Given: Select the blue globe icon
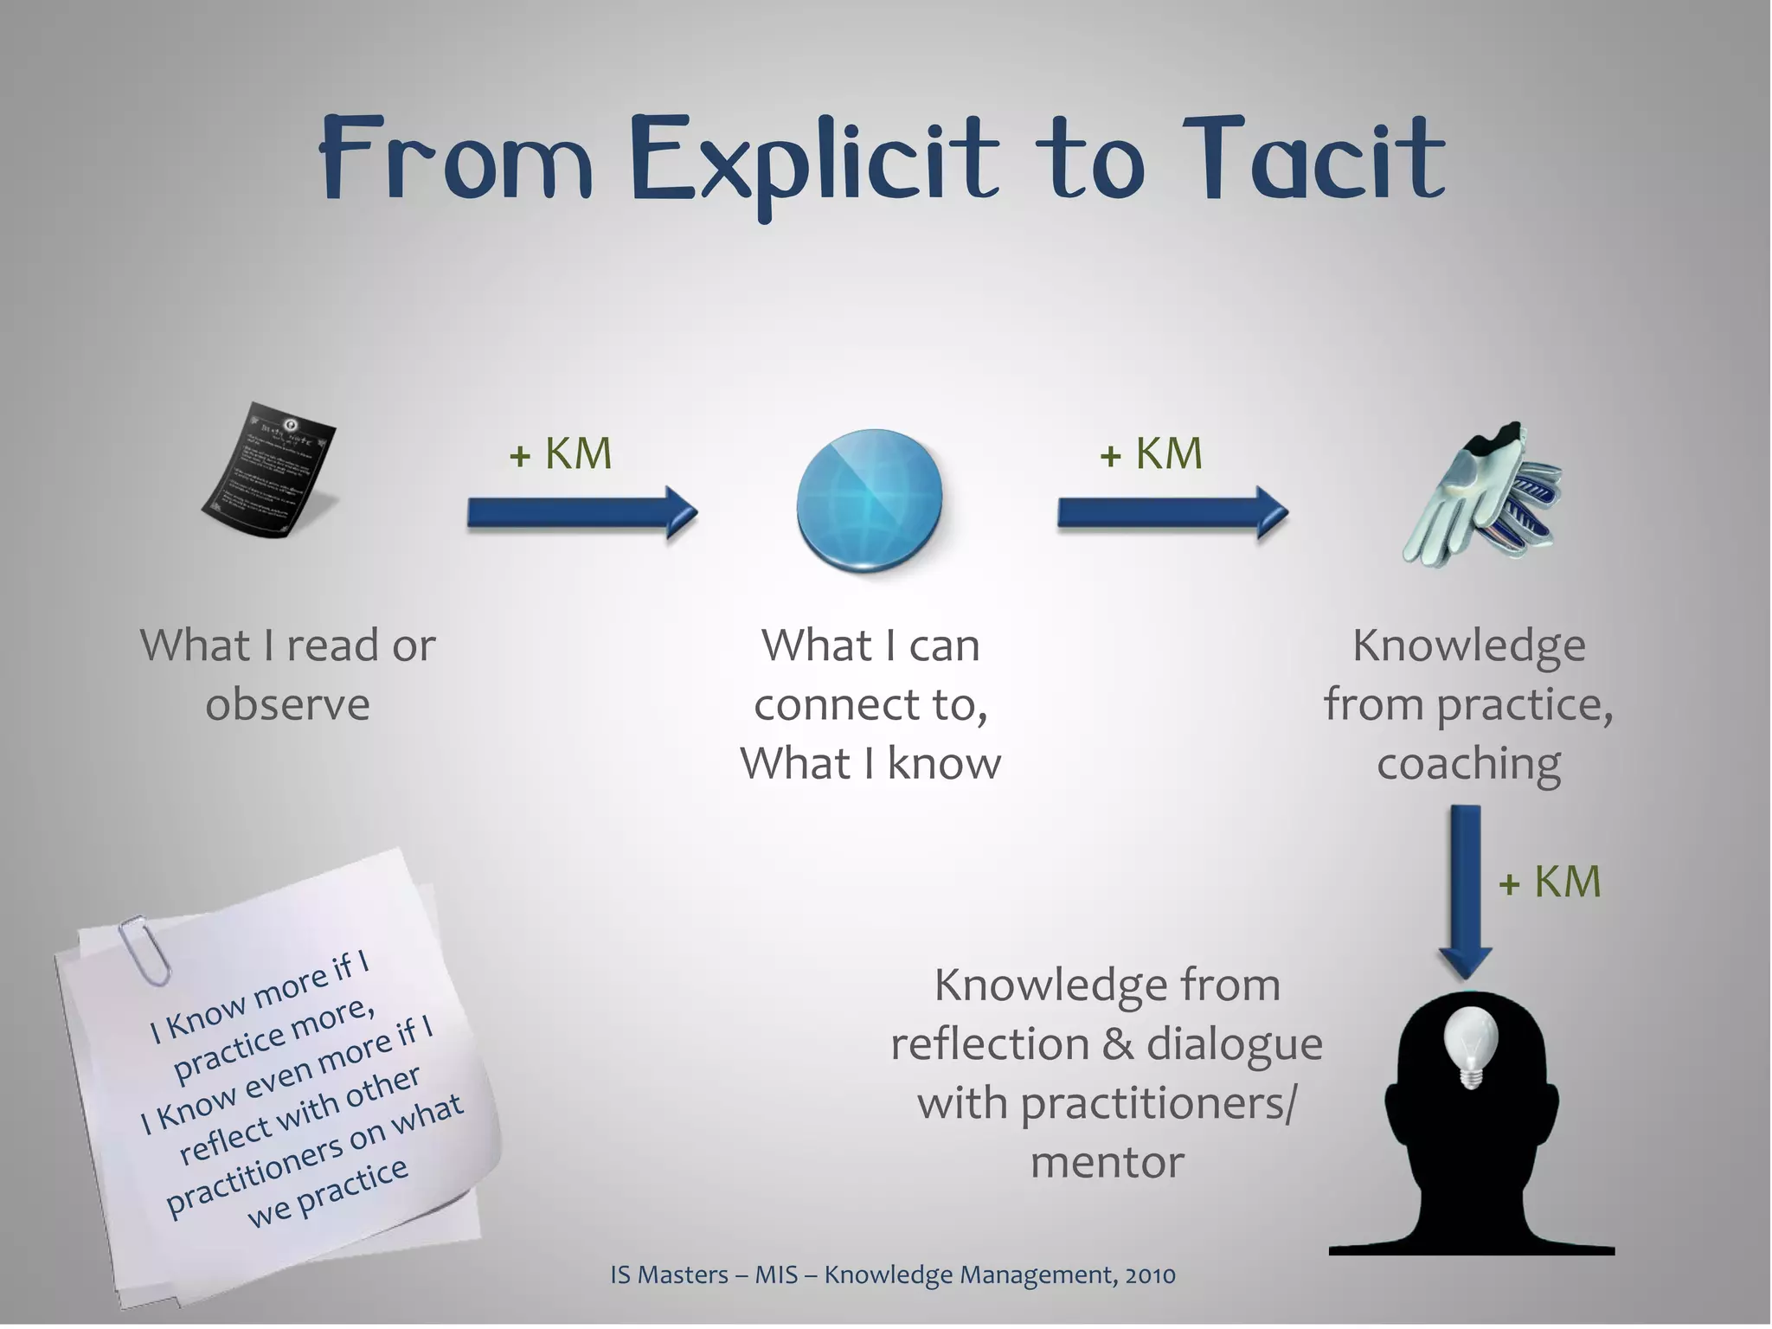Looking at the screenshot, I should tap(870, 500).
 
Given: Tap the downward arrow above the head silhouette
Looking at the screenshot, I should tap(1465, 891).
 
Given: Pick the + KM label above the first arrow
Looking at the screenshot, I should tap(561, 453).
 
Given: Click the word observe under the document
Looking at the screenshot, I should tap(287, 704).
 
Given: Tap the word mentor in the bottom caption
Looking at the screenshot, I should tap(1107, 1162).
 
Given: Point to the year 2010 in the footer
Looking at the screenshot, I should tap(1150, 1274).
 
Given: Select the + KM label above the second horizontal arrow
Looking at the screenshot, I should tap(1151, 453).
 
